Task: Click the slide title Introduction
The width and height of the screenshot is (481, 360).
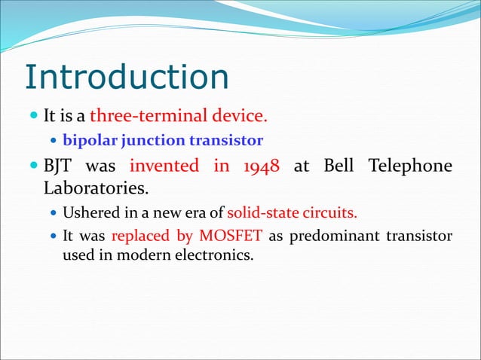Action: click(126, 78)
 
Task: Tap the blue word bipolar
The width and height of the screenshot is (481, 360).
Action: click(85, 141)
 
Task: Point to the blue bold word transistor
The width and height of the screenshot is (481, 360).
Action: click(225, 141)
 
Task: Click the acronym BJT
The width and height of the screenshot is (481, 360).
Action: click(60, 166)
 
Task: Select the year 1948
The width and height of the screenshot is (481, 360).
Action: click(261, 166)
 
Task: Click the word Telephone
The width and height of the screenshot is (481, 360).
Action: click(412, 166)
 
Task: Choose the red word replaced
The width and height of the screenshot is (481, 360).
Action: click(140, 236)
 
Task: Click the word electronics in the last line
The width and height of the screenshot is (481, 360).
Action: click(219, 255)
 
